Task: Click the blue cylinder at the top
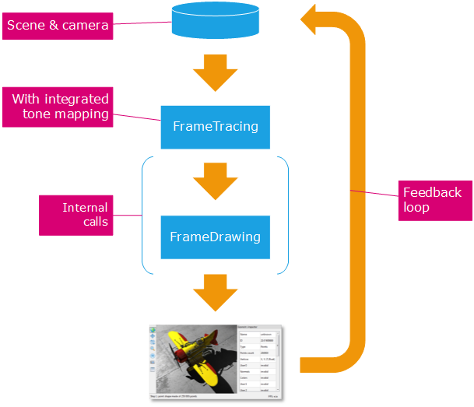[215, 21]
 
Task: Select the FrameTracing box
[215, 126]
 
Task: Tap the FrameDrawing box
[215, 237]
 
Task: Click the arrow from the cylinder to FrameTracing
[215, 72]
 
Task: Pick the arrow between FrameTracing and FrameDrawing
[215, 181]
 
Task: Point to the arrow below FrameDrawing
[215, 292]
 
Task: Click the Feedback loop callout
[432, 201]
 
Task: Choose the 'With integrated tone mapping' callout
[60, 107]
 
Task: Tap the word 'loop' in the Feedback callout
[417, 209]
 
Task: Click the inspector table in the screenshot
[261, 361]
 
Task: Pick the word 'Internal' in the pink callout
[86, 207]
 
